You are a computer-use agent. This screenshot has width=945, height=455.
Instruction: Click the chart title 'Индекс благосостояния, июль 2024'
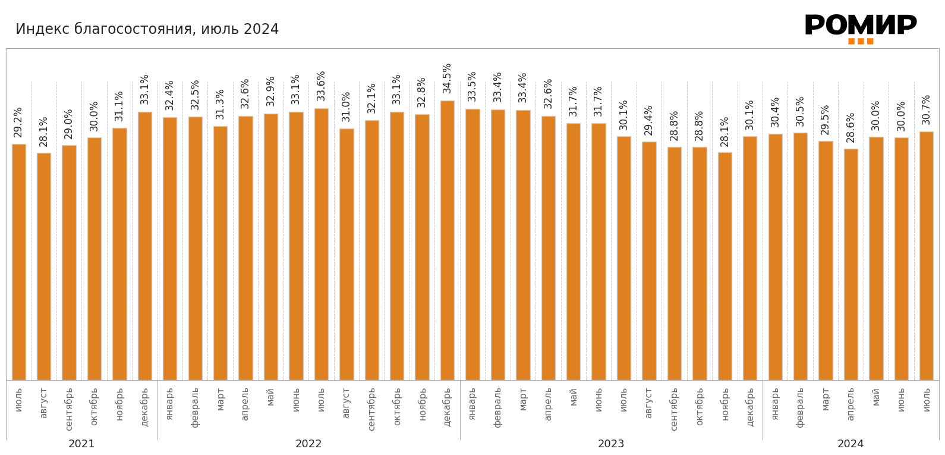tap(147, 29)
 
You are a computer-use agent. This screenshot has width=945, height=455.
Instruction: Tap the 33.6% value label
tap(322, 86)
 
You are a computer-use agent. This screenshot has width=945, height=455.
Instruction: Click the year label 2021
tap(81, 444)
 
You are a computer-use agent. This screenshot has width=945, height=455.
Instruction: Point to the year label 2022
tap(308, 444)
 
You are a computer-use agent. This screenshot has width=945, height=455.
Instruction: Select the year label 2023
tap(611, 444)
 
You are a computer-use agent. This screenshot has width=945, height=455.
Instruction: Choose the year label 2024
tap(850, 444)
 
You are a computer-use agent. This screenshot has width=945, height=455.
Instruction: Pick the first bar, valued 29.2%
tap(19, 262)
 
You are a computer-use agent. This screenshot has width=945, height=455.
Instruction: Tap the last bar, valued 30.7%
tap(927, 256)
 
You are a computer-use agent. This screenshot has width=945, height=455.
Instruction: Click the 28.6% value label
tap(851, 127)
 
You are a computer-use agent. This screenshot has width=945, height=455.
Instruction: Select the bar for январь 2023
tap(472, 244)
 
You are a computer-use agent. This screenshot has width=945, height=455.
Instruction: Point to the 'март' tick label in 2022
tap(220, 399)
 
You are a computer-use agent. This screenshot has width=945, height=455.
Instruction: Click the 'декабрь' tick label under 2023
tap(750, 407)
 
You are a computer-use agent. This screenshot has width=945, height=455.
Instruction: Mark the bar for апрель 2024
tap(851, 264)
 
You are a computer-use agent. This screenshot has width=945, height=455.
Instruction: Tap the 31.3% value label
tap(220, 104)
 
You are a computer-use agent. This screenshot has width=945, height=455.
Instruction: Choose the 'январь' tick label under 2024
tap(775, 404)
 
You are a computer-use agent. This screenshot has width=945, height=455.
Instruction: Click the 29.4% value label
tap(649, 120)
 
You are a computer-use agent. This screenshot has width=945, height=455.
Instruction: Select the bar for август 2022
tap(346, 254)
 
